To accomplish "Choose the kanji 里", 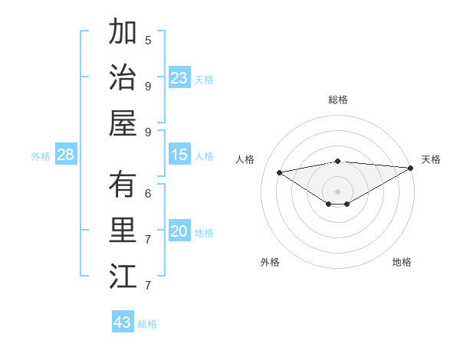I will (x=123, y=230).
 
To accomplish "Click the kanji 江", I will (x=123, y=276).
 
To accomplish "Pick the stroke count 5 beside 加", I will (x=148, y=40).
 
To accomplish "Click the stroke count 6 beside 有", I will (x=148, y=194).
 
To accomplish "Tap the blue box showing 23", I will (x=179, y=78).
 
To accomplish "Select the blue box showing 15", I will (x=179, y=155).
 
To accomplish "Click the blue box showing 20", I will (x=179, y=231).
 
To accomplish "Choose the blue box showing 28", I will (x=66, y=155).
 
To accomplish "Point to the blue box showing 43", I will (x=123, y=322).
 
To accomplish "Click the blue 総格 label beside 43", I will (x=147, y=324).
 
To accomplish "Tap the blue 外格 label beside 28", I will (x=41, y=156).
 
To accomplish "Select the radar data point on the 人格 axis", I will (x=279, y=172).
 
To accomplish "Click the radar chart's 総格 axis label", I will (x=337, y=100).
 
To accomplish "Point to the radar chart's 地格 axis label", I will (x=402, y=262).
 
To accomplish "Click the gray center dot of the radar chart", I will (x=337, y=191).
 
